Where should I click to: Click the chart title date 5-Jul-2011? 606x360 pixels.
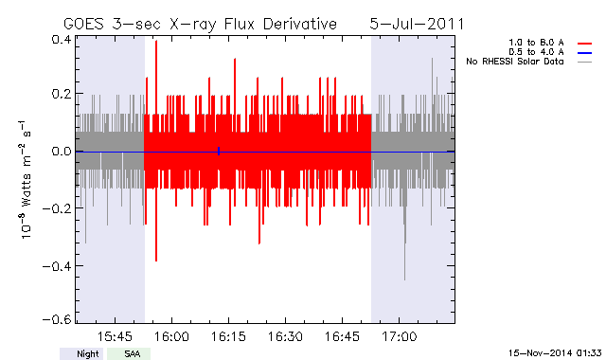[417, 24]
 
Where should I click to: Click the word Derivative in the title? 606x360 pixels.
[300, 24]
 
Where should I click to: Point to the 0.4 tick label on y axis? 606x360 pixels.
[61, 40]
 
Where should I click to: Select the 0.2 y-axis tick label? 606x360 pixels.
[61, 94]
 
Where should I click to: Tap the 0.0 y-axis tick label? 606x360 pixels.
[61, 151]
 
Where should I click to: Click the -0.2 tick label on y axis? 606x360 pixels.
[57, 208]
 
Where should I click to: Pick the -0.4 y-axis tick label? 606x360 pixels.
[57, 266]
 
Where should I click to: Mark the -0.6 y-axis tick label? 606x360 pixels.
[57, 320]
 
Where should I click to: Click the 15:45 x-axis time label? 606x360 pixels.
[115, 336]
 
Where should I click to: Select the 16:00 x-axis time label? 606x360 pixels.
[171, 336]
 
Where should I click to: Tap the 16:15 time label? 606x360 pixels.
[228, 336]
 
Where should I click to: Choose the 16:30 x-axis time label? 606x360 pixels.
[285, 336]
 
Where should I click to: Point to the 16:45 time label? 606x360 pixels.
[342, 336]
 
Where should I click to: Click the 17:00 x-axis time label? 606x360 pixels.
[400, 336]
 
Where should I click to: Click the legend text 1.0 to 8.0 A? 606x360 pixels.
[536, 43]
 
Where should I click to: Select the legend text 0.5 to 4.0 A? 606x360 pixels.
[536, 52]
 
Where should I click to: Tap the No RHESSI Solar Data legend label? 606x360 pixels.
[515, 62]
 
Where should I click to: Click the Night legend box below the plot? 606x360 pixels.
[81, 353]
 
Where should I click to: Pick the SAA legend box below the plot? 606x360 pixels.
[129, 353]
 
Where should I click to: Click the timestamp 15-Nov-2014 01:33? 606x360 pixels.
[555, 353]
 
